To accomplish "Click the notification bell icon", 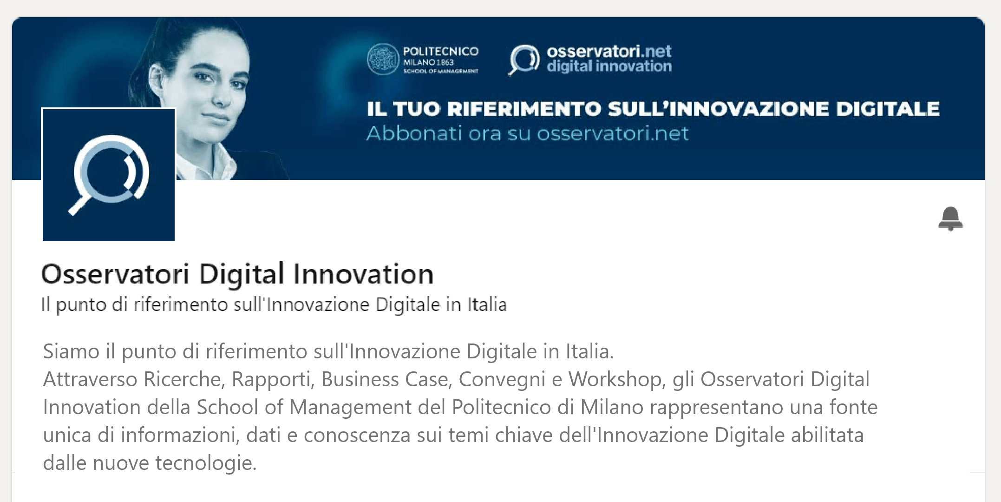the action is pos(951,218).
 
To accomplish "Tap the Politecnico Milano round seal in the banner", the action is pos(383,59).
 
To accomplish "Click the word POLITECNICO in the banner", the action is pos(440,51).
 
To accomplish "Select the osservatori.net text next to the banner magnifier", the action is pos(609,51).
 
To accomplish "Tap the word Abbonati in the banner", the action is pos(413,133).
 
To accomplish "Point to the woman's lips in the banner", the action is pos(217,117).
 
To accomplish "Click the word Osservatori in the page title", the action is pos(115,274).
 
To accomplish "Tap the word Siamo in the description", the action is pos(71,351).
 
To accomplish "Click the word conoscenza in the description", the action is pos(357,436).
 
